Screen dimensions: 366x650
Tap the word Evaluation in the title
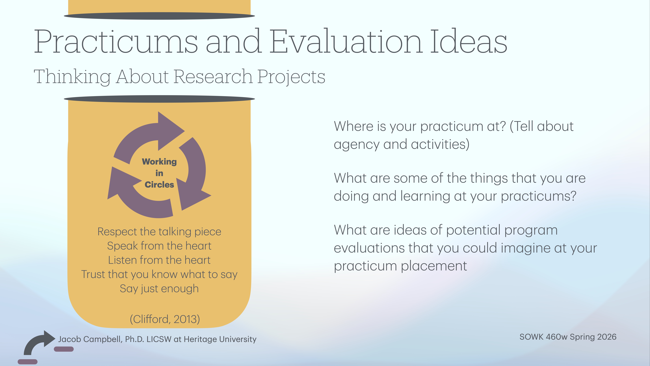pyautogui.click(x=346, y=42)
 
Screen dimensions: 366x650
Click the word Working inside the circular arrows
pyautogui.click(x=159, y=162)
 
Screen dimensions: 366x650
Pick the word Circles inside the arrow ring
pyautogui.click(x=159, y=185)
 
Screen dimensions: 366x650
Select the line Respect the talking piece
pyautogui.click(x=159, y=232)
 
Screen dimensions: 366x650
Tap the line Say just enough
pyautogui.click(x=159, y=288)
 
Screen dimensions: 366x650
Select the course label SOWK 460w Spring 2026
pyautogui.click(x=568, y=337)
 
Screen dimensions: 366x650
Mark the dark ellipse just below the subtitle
pyautogui.click(x=159, y=99)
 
